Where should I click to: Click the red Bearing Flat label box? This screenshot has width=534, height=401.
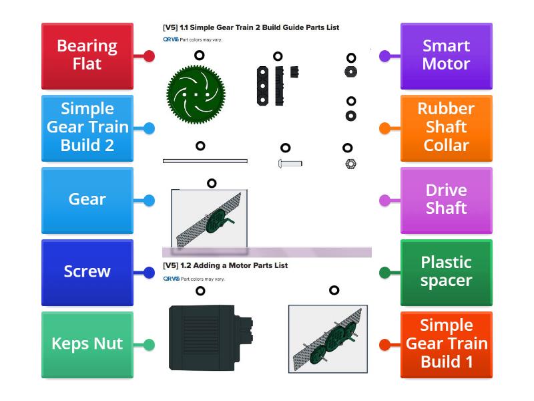point(87,56)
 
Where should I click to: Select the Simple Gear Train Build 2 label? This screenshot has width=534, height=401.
point(87,128)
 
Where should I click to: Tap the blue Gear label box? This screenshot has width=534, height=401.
point(87,200)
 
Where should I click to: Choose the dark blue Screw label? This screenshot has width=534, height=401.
point(87,272)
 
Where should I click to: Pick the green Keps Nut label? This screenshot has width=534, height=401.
point(87,344)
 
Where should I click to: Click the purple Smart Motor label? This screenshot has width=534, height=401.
point(446,56)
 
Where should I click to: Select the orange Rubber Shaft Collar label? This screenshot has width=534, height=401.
point(446,128)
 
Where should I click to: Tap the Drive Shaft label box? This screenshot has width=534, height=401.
point(446,200)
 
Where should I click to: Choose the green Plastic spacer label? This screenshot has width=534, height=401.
point(446,272)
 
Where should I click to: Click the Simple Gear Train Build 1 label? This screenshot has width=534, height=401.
point(446,344)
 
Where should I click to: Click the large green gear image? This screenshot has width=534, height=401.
point(196,94)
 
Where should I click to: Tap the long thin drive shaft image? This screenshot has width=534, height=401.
point(205,161)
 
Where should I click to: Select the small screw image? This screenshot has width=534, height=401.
point(289,163)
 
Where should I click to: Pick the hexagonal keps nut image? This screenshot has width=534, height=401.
point(350,164)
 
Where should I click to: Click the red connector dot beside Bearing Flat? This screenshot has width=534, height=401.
point(149,56)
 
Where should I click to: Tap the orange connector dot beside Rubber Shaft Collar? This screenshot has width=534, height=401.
point(384,128)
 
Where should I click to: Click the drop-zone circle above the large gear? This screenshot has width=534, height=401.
point(199,56)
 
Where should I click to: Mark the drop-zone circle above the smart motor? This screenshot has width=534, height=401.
point(200,291)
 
